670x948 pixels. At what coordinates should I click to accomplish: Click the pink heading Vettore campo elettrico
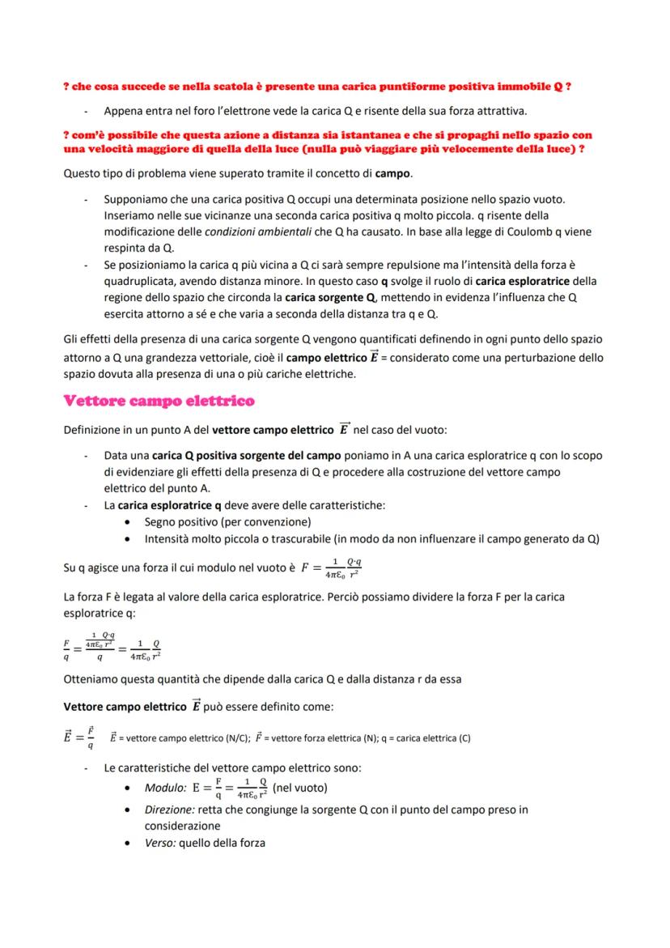[159, 400]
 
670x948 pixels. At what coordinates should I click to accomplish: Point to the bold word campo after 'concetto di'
[394, 173]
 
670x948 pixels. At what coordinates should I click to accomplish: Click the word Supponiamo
[136, 199]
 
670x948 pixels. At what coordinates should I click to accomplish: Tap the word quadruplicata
[142, 281]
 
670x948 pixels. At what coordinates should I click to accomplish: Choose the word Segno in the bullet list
[161, 521]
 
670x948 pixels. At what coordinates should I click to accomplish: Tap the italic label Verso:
[161, 843]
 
